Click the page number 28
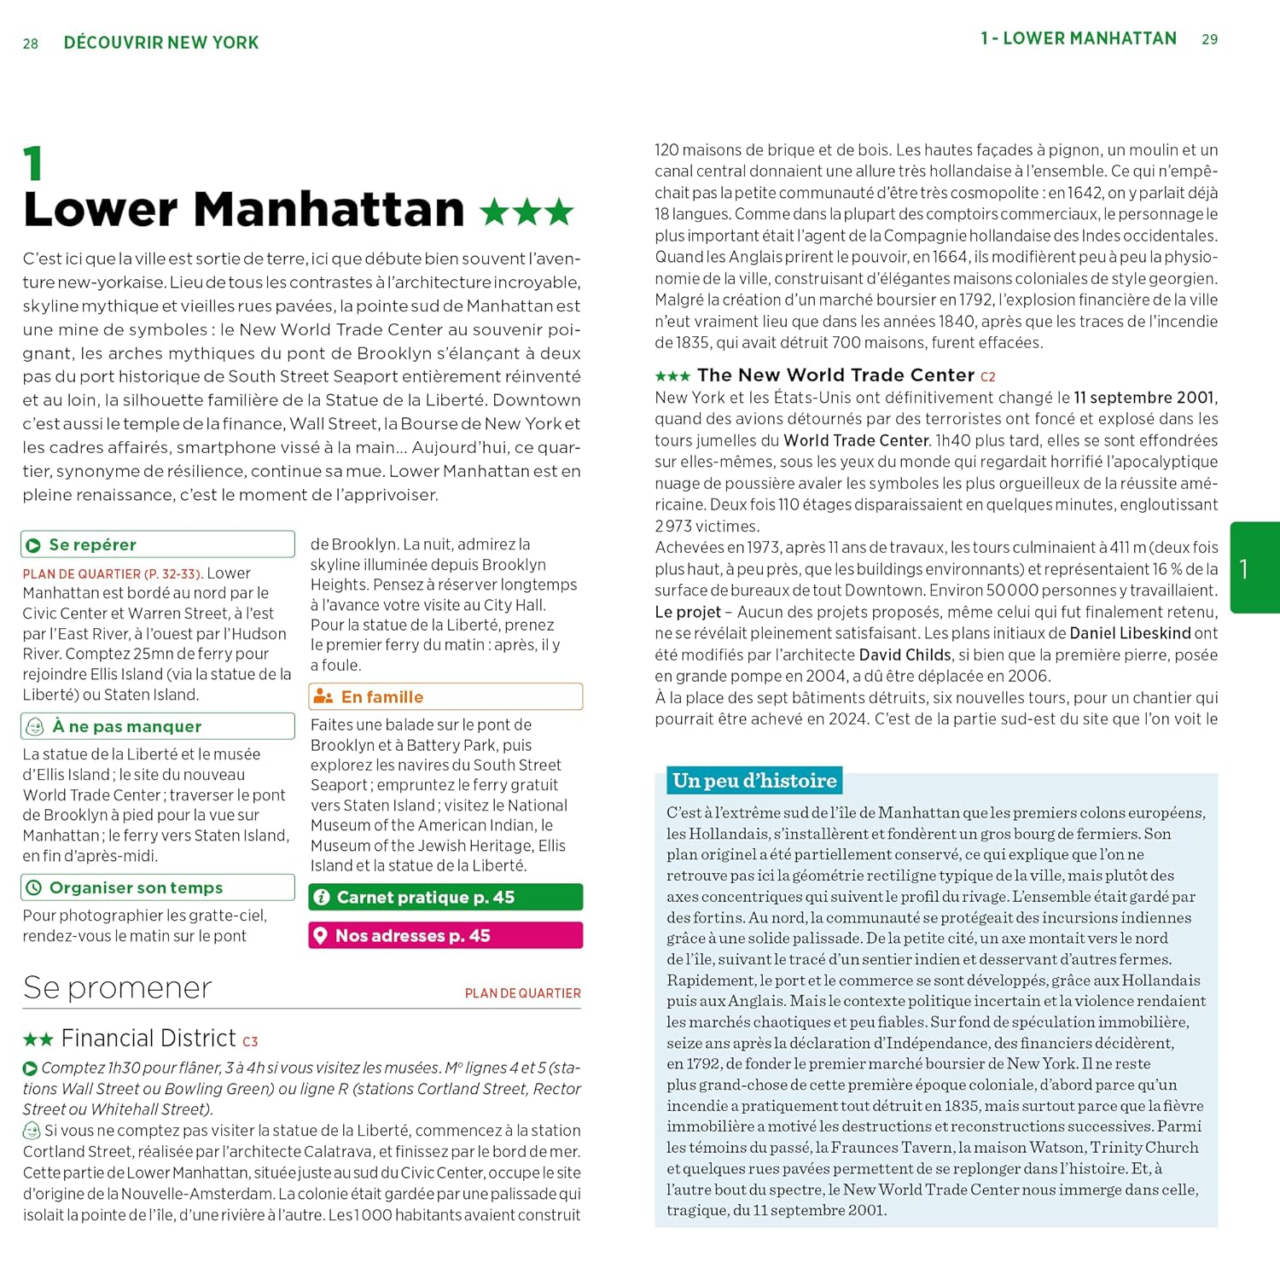coord(31,44)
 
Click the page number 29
coord(1209,39)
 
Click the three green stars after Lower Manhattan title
coord(527,212)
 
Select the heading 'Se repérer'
coord(92,544)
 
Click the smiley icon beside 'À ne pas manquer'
coord(35,726)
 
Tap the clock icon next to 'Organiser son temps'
coord(34,887)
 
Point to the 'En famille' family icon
coord(323,696)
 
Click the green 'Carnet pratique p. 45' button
coord(445,897)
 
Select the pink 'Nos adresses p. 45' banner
coord(445,935)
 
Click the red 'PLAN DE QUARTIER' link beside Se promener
coord(522,993)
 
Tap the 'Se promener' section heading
coord(118,987)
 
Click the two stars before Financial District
coord(38,1039)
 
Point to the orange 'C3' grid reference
coord(250,1041)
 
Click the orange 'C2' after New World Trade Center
coord(987,376)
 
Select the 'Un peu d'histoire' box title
coord(754,781)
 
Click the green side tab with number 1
coord(1254,567)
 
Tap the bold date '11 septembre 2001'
coord(1143,398)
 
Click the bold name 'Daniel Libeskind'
coord(1130,633)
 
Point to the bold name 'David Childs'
coord(905,655)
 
